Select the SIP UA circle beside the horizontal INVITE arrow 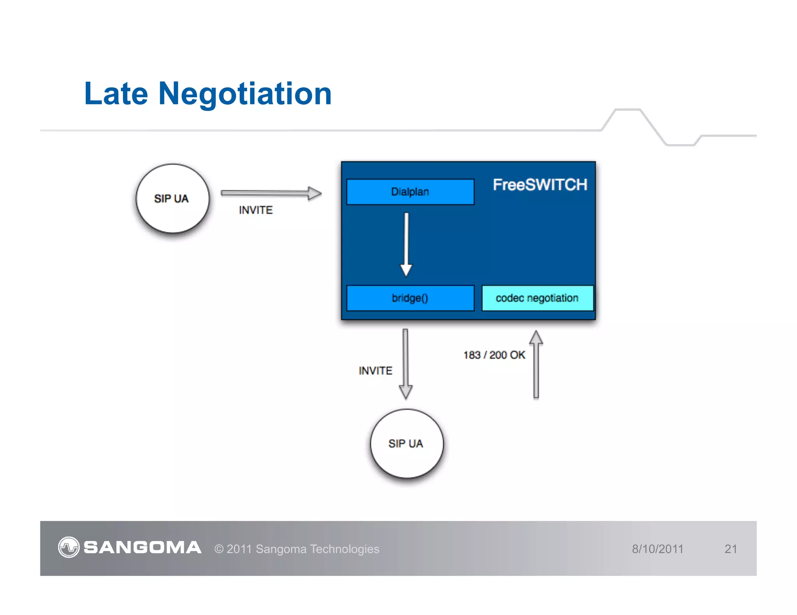[x=172, y=198]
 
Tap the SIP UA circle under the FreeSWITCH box [x=406, y=443]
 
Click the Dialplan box [x=410, y=192]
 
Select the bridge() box [x=410, y=298]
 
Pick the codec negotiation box [x=537, y=298]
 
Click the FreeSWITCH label [x=540, y=185]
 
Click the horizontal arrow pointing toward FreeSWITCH [x=271, y=193]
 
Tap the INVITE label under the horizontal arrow [x=256, y=210]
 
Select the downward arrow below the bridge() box [x=406, y=364]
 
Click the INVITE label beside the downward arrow [x=376, y=371]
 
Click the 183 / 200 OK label [x=494, y=355]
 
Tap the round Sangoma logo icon [x=69, y=547]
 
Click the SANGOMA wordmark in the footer [x=142, y=548]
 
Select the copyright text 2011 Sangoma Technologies [x=297, y=549]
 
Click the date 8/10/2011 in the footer [x=658, y=549]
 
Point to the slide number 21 [x=730, y=549]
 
